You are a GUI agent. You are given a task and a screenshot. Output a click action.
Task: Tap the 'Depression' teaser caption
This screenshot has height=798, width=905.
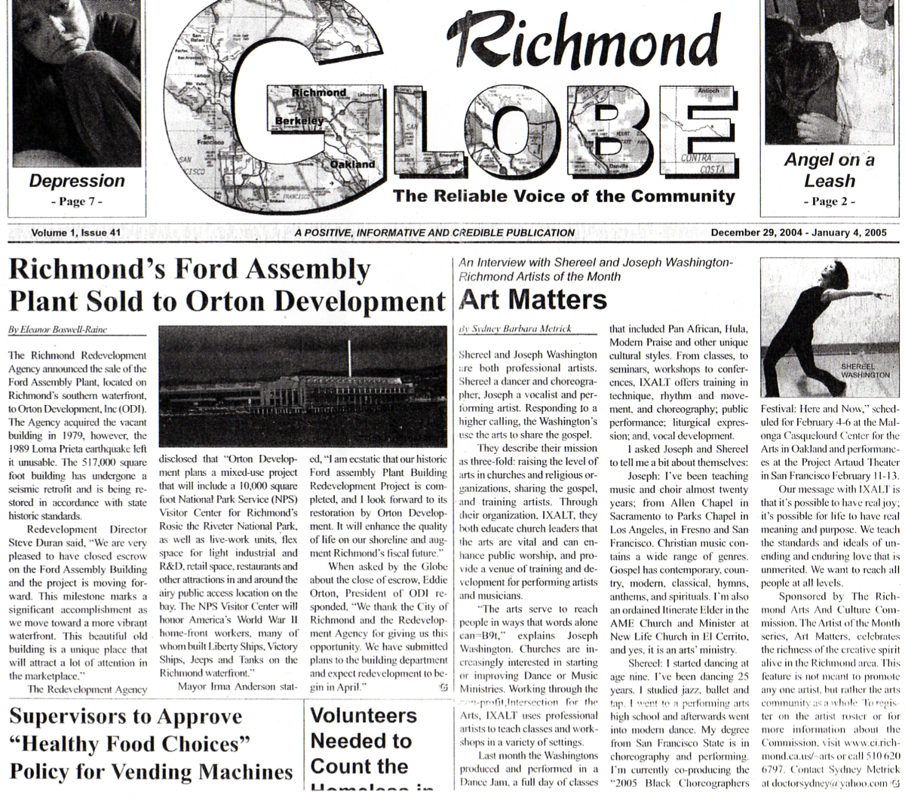click(77, 181)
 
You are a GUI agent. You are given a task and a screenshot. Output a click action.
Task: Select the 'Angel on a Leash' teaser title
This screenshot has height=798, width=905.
click(829, 170)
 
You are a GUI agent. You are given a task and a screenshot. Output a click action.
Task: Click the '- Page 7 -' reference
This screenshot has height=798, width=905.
click(76, 201)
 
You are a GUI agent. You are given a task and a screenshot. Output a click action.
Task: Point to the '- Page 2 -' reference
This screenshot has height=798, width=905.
click(830, 201)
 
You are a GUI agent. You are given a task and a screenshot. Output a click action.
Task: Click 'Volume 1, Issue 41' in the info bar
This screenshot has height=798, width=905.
click(76, 233)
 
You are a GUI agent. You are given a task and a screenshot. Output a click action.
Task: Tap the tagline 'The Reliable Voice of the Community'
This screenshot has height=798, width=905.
click(563, 197)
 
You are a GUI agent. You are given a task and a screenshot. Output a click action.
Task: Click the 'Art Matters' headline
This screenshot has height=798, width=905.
click(532, 299)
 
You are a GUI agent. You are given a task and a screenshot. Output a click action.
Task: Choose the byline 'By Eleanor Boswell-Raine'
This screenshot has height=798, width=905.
click(57, 330)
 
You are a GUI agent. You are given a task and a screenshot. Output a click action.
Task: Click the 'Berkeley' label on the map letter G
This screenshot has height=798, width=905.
click(299, 121)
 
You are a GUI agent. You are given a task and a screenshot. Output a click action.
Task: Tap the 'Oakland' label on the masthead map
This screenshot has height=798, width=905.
click(352, 164)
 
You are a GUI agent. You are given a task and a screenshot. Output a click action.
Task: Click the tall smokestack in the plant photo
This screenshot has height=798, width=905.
click(348, 358)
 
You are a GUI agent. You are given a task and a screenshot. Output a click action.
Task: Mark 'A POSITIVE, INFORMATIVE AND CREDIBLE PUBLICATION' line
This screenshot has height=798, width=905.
click(434, 233)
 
